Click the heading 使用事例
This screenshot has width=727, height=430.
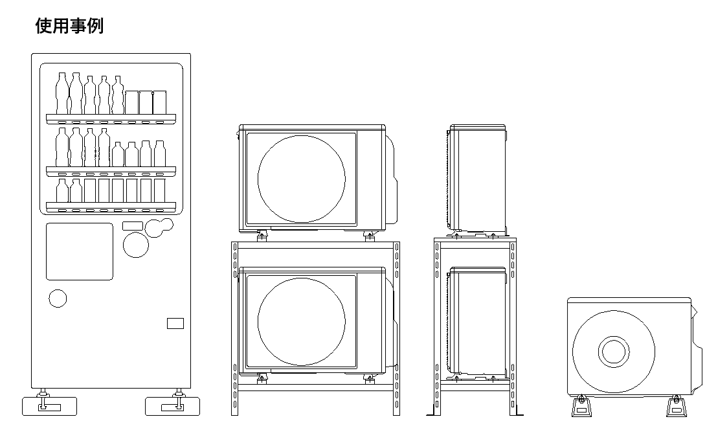click(x=69, y=26)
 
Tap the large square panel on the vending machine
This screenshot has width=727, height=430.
click(x=79, y=251)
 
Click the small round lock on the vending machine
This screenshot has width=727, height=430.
click(x=58, y=299)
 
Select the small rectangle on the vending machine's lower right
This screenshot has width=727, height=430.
click(x=175, y=323)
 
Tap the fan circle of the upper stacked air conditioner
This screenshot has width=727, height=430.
click(x=302, y=179)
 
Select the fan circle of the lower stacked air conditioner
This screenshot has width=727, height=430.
click(x=302, y=322)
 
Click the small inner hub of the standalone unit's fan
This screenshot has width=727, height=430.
click(x=614, y=352)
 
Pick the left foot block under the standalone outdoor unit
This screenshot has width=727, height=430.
click(x=581, y=407)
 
